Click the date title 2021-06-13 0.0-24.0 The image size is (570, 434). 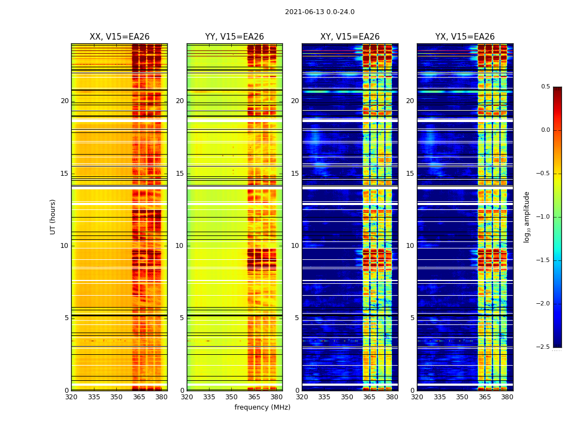[320, 12]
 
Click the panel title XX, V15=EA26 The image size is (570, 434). [119, 37]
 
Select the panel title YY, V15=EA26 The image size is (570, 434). [235, 37]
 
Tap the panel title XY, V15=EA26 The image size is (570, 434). [350, 37]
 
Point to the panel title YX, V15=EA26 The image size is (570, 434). [465, 37]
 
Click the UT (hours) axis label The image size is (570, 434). [53, 216]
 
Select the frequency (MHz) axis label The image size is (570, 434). [262, 407]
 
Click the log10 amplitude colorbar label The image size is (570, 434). [527, 216]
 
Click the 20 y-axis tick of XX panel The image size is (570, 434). [65, 101]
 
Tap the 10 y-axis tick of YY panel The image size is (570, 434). [180, 246]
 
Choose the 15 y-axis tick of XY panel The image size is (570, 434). [295, 174]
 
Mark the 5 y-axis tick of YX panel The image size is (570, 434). [412, 318]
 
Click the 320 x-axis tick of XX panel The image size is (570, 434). [71, 397]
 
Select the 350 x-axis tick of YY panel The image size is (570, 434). [232, 397]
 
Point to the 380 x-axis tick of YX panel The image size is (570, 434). [507, 397]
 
